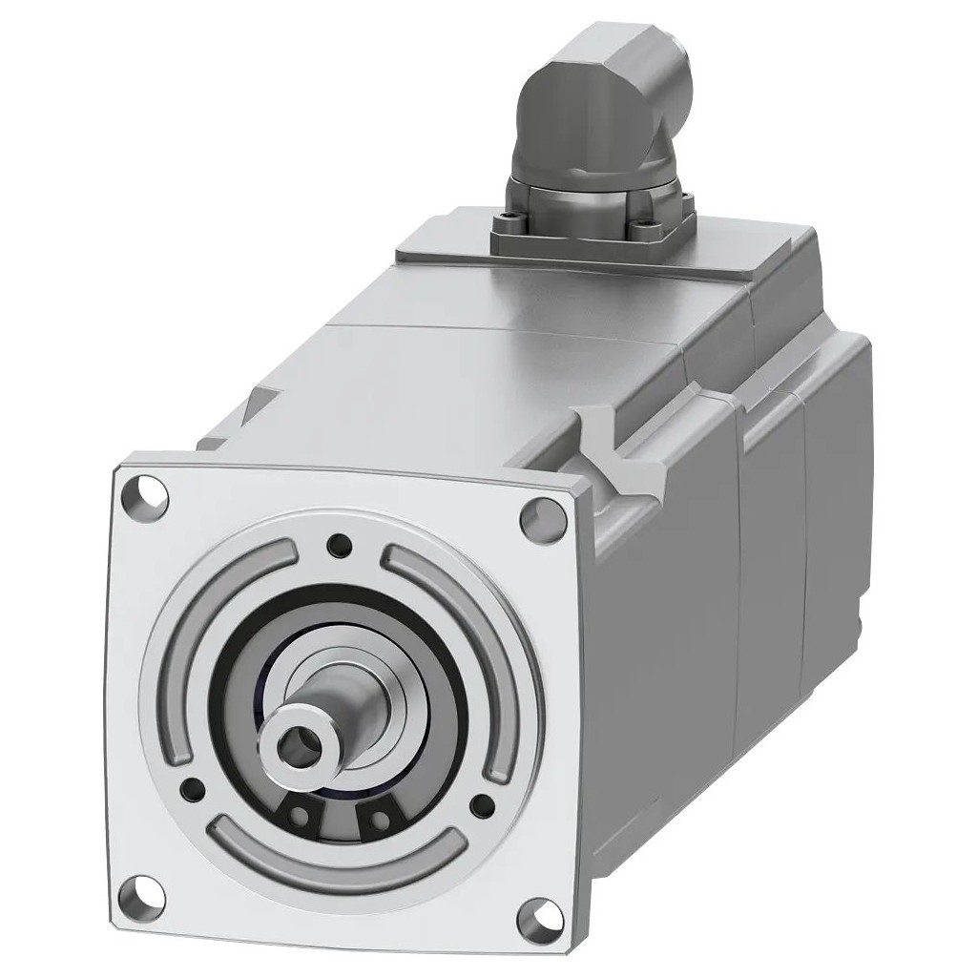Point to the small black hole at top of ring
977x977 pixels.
(x=336, y=545)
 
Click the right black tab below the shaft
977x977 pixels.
(x=379, y=818)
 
